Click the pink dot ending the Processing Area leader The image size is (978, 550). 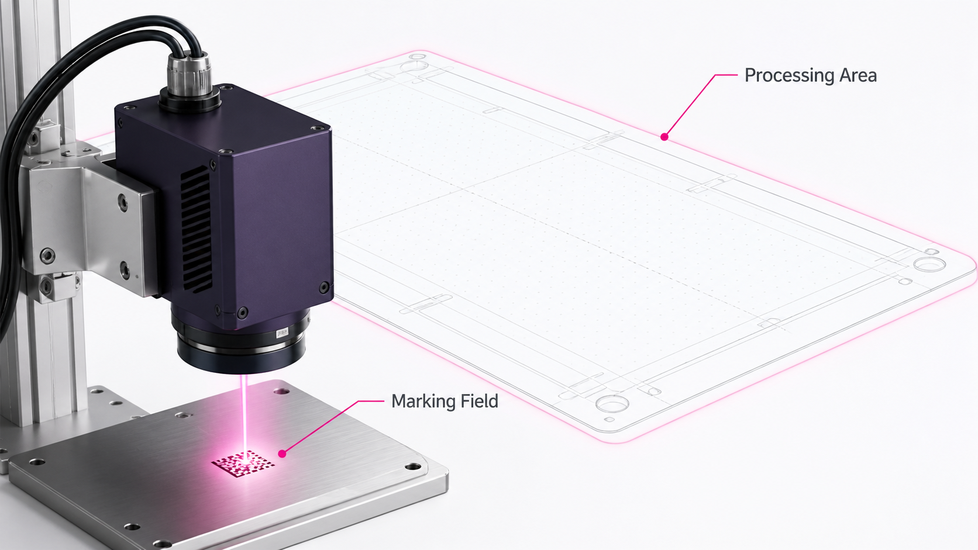tap(664, 137)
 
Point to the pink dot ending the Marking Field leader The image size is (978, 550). tap(282, 454)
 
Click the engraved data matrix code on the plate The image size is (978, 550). tap(243, 463)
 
